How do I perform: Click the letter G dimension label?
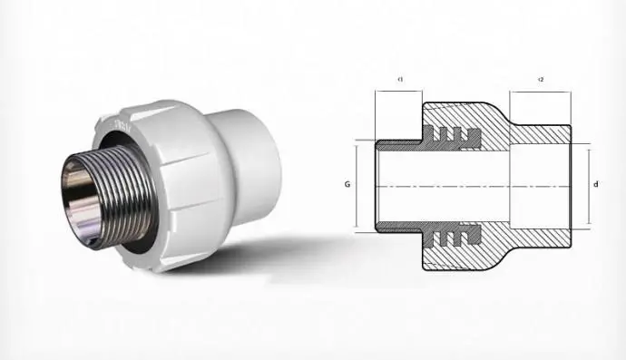click(347, 184)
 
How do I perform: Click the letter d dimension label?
click(595, 185)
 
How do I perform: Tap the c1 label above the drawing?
click(399, 79)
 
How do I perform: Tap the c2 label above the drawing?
click(540, 79)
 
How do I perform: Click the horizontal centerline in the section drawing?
click(472, 185)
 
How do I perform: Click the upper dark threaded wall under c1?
click(399, 144)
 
